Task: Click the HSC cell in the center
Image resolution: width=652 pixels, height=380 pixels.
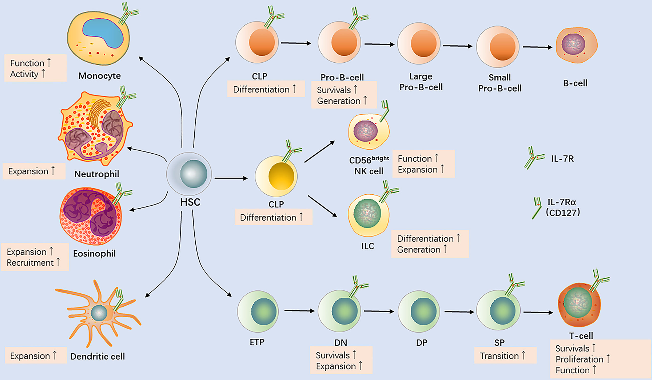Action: pyautogui.click(x=189, y=174)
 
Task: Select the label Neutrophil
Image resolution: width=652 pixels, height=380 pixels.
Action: pyautogui.click(x=97, y=174)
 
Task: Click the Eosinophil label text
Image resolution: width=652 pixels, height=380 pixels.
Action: pyautogui.click(x=95, y=253)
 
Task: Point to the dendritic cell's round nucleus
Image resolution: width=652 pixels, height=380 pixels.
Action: pyautogui.click(x=99, y=313)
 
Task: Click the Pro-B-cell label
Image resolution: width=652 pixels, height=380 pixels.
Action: pyautogui.click(x=342, y=77)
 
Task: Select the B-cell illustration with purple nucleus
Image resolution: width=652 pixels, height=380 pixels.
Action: pyautogui.click(x=576, y=45)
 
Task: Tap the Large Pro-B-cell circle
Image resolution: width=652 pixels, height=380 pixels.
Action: pyautogui.click(x=419, y=43)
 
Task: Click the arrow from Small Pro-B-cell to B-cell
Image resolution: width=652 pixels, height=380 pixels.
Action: pyautogui.click(x=537, y=47)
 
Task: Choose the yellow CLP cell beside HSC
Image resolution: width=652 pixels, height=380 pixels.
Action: pyautogui.click(x=276, y=176)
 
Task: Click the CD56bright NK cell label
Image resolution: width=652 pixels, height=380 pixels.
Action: pyautogui.click(x=369, y=166)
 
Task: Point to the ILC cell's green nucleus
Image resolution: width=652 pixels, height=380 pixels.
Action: pyautogui.click(x=367, y=214)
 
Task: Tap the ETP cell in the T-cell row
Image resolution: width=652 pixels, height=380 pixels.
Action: pyautogui.click(x=258, y=311)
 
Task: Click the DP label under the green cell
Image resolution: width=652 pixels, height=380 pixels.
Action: pyautogui.click(x=421, y=343)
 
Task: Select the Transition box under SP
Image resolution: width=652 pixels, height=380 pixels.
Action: pyautogui.click(x=505, y=356)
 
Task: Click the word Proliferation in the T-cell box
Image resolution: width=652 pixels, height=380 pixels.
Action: pyautogui.click(x=579, y=359)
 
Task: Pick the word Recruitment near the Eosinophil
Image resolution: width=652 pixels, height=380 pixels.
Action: pyautogui.click(x=30, y=263)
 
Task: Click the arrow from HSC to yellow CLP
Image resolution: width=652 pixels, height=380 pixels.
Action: pyautogui.click(x=231, y=178)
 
